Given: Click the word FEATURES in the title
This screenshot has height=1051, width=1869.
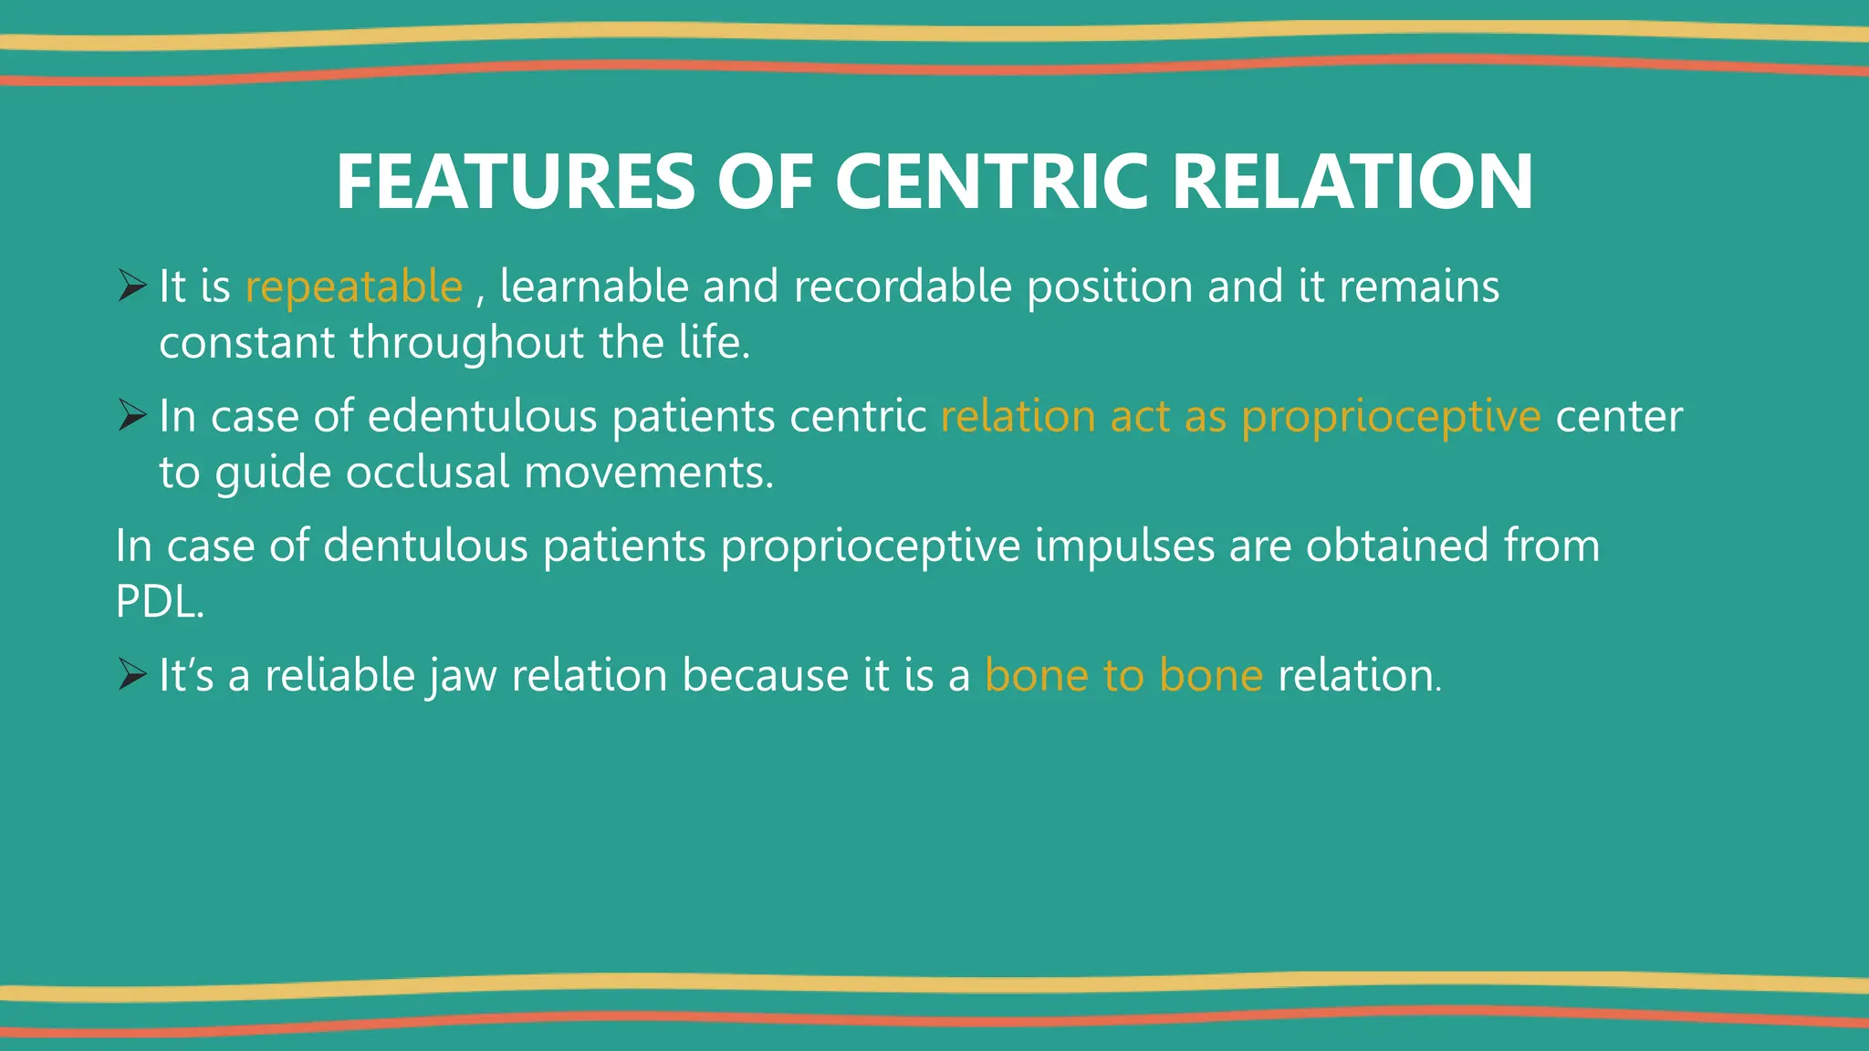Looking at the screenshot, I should pos(516,182).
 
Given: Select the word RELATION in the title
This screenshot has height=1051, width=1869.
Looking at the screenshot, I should pos(1352,182).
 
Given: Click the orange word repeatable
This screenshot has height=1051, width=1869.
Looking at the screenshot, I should pos(354,287).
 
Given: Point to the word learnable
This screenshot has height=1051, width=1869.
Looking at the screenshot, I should pos(594,286).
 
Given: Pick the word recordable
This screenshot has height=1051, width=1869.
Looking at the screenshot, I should pos(903,286).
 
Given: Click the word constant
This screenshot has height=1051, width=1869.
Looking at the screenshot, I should pos(247,343).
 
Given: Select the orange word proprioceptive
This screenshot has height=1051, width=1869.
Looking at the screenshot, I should pos(1391,418).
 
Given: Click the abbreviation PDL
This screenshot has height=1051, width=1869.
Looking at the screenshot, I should pos(159,602).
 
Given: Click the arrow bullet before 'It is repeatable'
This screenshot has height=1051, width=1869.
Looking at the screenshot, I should pos(131,287).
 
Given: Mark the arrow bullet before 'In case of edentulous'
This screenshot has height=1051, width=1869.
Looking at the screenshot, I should pos(131,417).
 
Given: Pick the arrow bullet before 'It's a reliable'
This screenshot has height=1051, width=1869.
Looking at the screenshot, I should pos(131,676).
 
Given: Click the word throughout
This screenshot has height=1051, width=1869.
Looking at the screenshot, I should pos(466,343).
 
